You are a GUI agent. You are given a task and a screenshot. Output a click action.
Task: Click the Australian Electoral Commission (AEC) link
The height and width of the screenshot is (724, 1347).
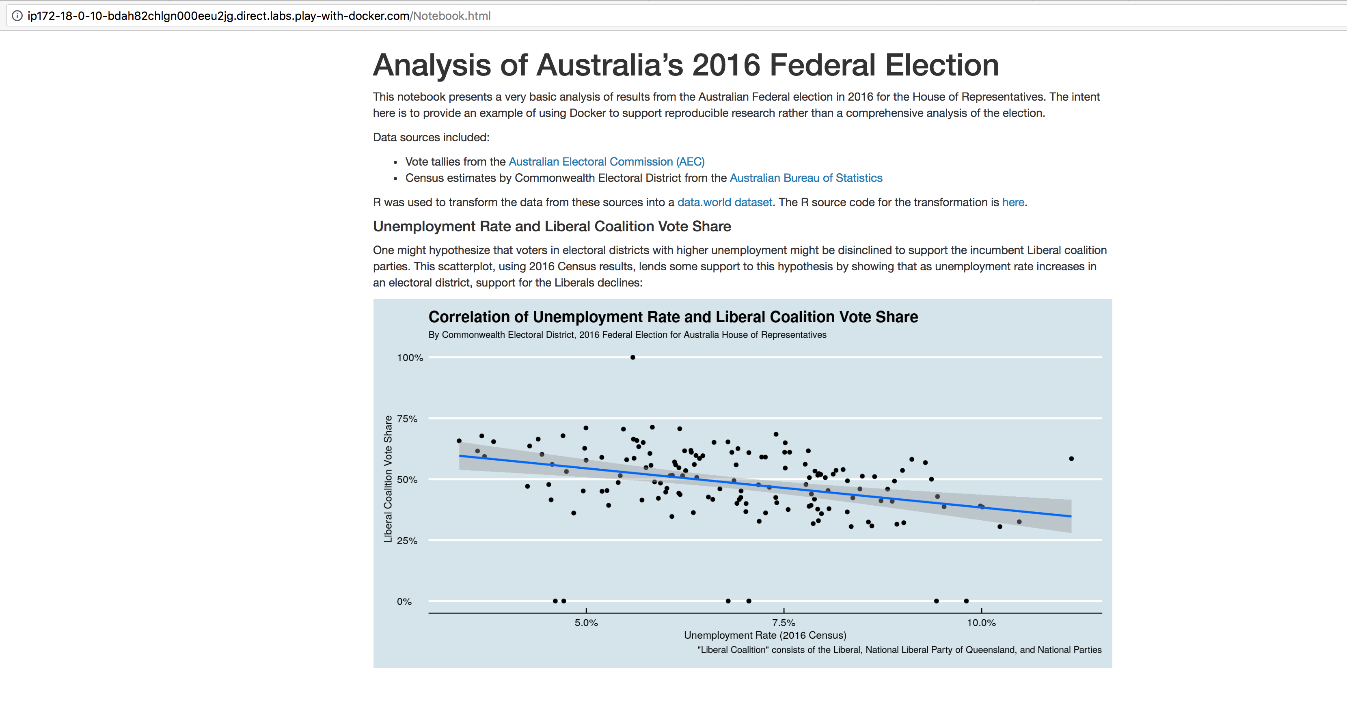[x=607, y=162]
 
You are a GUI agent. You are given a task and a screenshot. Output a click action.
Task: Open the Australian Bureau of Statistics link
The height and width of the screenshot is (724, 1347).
[x=806, y=178]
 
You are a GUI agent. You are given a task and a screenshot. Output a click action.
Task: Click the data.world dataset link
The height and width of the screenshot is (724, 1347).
[x=725, y=202]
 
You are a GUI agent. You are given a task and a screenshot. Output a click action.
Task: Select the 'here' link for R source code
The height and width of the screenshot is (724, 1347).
[x=1013, y=202]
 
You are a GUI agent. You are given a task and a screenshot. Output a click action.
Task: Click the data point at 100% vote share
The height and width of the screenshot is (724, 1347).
[x=633, y=358]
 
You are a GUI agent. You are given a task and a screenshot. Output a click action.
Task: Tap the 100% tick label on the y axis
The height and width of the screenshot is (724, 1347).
[x=410, y=358]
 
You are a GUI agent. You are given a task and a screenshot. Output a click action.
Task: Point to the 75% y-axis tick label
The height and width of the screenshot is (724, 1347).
[x=407, y=419]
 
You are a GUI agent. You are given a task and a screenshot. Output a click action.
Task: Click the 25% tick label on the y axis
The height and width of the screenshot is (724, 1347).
[x=407, y=541]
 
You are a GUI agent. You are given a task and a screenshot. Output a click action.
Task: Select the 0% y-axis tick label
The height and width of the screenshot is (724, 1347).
[x=404, y=602]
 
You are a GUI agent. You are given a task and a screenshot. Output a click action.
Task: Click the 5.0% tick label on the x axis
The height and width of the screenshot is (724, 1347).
[x=586, y=623]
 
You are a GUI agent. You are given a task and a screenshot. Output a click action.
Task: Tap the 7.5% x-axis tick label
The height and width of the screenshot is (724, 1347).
[x=784, y=623]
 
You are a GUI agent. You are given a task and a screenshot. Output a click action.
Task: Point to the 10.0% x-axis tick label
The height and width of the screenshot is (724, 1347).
[x=982, y=623]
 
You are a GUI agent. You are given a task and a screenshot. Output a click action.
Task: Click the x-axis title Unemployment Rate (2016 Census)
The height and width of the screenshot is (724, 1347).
[x=765, y=635]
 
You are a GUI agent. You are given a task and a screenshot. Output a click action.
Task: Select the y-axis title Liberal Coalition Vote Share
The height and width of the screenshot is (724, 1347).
[x=388, y=479]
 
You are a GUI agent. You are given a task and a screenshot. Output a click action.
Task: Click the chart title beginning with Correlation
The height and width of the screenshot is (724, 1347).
[x=673, y=317]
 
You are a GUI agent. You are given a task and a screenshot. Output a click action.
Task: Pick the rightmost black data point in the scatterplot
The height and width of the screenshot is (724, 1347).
[x=1071, y=459]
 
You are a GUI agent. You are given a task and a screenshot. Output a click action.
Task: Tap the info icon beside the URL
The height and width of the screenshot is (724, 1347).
[x=17, y=16]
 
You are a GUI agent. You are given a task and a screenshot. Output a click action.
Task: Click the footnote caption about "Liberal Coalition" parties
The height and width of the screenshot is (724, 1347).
[x=899, y=650]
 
